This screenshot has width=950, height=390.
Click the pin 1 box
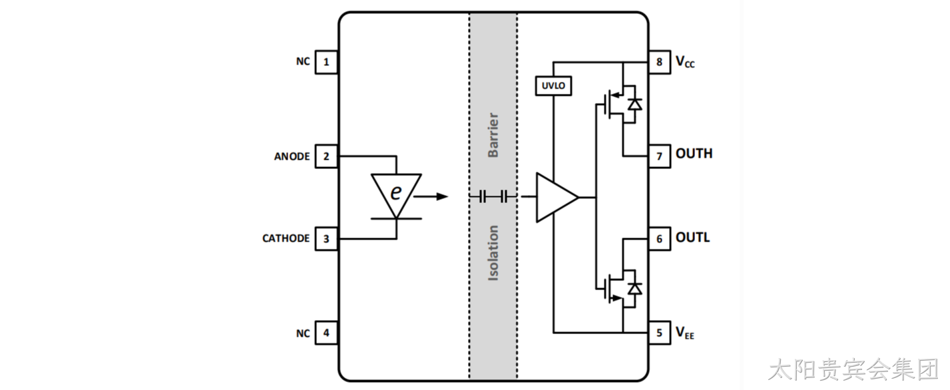tap(326, 63)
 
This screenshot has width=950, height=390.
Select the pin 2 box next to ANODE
tap(326, 156)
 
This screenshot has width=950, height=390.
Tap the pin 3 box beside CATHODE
tap(326, 239)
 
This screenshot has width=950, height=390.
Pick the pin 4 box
tap(326, 333)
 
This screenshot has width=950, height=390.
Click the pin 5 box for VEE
tap(660, 333)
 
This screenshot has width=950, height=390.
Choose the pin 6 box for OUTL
tap(660, 239)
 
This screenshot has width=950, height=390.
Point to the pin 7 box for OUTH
tap(660, 156)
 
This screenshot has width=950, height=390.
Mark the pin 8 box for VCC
tap(660, 63)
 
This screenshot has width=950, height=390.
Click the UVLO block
tap(553, 86)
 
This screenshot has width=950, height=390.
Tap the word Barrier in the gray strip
tap(493, 135)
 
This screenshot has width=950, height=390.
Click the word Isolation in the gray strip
tap(493, 253)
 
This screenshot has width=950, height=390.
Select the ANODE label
tap(292, 156)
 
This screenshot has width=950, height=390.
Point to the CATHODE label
tap(286, 238)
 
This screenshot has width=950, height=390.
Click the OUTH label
tap(694, 154)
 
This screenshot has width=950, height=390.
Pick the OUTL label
tap(692, 238)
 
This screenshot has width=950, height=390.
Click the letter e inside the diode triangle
tap(396, 192)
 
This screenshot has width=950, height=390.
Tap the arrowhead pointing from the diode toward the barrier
tap(442, 196)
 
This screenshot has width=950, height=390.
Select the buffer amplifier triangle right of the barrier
tap(557, 197)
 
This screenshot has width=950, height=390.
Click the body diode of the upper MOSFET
tap(635, 104)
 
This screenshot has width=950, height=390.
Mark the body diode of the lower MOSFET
tap(635, 289)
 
